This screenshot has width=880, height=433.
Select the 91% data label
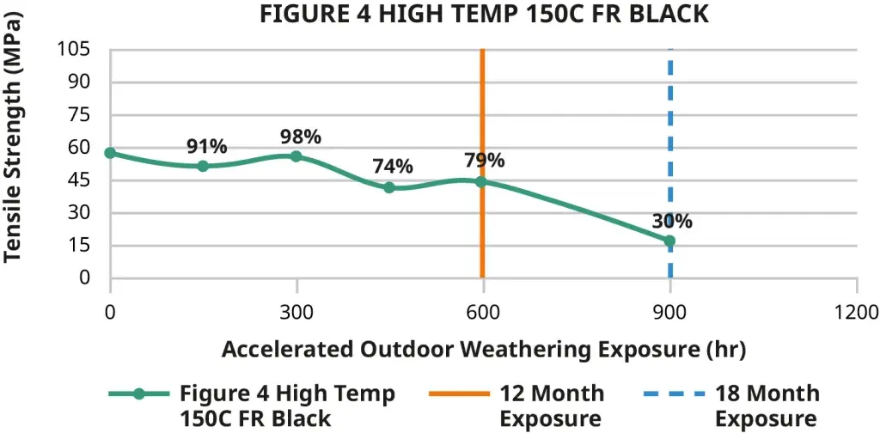pos(207,147)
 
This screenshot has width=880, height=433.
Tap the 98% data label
pos(301,137)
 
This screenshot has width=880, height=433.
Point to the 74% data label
pos(393,167)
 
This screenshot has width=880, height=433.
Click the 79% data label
pos(485,161)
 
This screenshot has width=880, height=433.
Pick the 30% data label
pos(672,221)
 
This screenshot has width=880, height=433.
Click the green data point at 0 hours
pos(110,153)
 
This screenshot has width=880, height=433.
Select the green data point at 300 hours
pos(296,156)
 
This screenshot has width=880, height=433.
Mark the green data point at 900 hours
pos(669,241)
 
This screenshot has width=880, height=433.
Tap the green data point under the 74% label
pos(389,187)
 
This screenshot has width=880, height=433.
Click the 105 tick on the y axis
pos(73,49)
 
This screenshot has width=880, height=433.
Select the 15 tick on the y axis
pos(79,246)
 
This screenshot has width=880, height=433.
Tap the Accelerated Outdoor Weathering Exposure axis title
pos(483,350)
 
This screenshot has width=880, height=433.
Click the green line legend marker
pos(139,394)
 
